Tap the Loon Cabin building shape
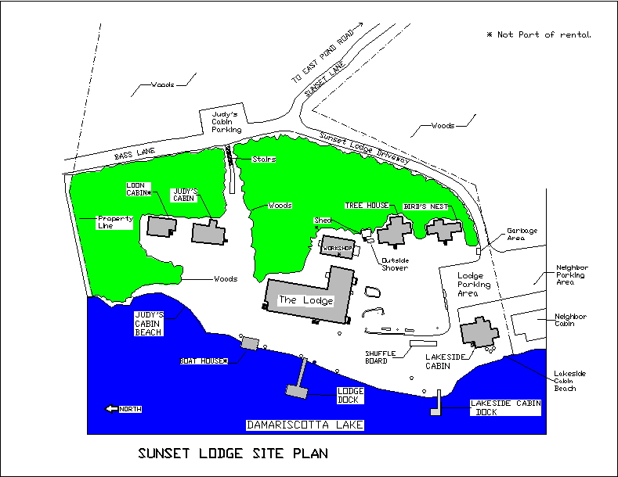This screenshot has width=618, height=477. (x=161, y=226)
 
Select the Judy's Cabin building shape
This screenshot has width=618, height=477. (x=208, y=232)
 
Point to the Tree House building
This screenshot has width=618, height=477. (x=394, y=231)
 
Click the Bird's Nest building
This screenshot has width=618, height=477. (x=443, y=230)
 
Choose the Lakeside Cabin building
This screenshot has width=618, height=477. (x=479, y=332)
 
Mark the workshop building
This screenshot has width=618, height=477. (x=337, y=248)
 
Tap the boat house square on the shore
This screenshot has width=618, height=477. (x=250, y=343)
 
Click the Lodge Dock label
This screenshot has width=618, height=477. (x=349, y=395)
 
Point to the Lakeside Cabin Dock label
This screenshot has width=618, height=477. (x=506, y=408)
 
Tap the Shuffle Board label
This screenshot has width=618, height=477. (x=381, y=357)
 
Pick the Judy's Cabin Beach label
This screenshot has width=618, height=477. (x=148, y=324)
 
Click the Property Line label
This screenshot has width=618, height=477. (x=115, y=222)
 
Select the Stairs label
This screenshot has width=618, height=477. (x=264, y=160)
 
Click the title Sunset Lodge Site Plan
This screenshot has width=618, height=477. (x=233, y=454)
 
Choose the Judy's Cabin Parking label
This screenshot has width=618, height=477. (x=226, y=122)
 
